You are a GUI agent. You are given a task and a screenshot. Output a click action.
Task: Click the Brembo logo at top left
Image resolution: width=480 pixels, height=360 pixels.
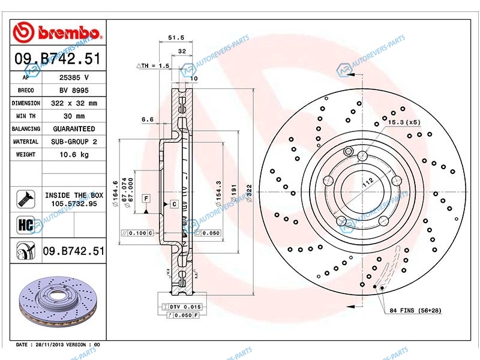pyautogui.click(x=57, y=32)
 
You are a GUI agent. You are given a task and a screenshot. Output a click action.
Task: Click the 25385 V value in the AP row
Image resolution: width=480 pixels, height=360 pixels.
pyautogui.click(x=74, y=77)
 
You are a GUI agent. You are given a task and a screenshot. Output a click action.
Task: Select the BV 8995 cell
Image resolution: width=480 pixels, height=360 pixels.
pyautogui.click(x=74, y=91)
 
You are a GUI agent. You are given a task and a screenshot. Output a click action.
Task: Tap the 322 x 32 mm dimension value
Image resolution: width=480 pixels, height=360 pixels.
pyautogui.click(x=74, y=103)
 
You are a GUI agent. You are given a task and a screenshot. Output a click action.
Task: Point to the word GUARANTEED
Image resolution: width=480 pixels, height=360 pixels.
pyautogui.click(x=74, y=129)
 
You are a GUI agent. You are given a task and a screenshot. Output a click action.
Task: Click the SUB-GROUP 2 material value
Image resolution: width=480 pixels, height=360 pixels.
pyautogui.click(x=74, y=142)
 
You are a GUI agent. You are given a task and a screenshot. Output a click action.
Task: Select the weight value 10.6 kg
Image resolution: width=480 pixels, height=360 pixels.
pyautogui.click(x=74, y=155)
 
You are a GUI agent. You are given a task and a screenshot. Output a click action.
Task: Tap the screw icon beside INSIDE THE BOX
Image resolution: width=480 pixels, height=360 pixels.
pyautogui.click(x=26, y=199)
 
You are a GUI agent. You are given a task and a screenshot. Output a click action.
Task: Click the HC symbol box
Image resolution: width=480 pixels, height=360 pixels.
pyautogui.click(x=26, y=225)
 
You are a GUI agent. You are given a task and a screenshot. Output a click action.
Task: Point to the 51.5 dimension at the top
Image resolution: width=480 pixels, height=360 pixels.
pyautogui.click(x=176, y=38)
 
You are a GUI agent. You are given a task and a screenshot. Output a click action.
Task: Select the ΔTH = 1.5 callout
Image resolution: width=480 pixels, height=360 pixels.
pyautogui.click(x=153, y=65)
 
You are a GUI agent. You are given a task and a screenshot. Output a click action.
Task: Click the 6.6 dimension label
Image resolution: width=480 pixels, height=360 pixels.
pyautogui.click(x=148, y=119)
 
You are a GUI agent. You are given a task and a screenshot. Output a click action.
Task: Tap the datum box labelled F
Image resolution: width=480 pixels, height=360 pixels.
pyautogui.click(x=146, y=199)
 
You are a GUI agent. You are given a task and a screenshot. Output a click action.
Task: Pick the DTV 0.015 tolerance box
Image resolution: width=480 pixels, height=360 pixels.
pyautogui.click(x=182, y=307)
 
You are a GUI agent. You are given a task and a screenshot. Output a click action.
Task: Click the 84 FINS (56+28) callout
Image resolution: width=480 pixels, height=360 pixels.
pyautogui.click(x=415, y=310)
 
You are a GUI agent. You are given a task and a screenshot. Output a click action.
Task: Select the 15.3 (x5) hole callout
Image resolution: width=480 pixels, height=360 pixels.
pyautogui.click(x=404, y=122)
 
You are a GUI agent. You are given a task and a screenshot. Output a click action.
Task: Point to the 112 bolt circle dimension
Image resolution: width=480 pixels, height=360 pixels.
pyautogui.click(x=368, y=182)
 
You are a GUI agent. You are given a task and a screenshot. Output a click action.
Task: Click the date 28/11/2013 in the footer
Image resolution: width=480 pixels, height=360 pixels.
pyautogui.click(x=50, y=344)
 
